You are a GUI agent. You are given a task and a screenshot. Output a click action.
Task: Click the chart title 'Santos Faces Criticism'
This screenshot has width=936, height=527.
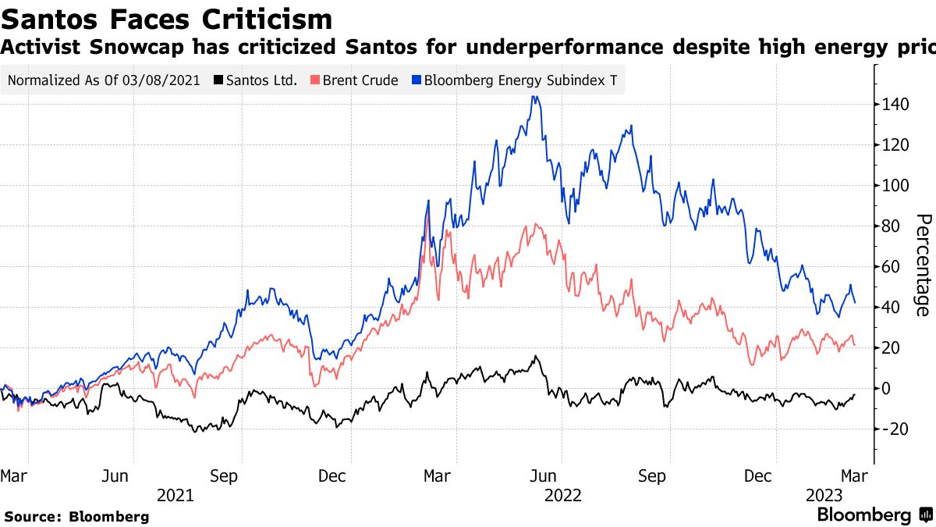click(x=167, y=19)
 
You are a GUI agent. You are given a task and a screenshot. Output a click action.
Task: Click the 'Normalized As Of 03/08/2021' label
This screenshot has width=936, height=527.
click(x=104, y=80)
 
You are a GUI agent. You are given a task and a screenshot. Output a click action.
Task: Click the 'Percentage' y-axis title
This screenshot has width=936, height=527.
click(x=922, y=265)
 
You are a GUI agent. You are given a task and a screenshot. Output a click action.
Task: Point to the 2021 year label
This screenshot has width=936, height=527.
click(x=175, y=495)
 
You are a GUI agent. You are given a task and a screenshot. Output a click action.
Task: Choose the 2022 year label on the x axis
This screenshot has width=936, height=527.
click(x=562, y=495)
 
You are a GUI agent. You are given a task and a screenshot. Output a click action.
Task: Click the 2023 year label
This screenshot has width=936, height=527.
click(x=824, y=495)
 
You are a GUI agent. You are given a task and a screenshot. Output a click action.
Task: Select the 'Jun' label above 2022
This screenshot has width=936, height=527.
click(x=543, y=475)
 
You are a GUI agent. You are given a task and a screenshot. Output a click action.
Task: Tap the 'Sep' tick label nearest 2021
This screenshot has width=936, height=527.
click(x=225, y=475)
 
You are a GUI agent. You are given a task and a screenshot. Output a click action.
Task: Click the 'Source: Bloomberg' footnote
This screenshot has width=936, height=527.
click(x=76, y=516)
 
